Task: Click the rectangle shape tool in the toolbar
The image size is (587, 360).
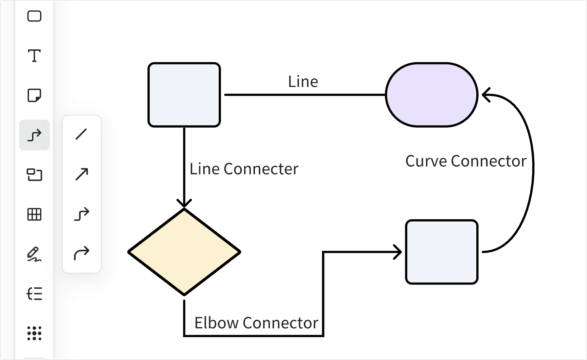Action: tap(34, 16)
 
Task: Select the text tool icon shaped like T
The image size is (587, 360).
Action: tap(34, 56)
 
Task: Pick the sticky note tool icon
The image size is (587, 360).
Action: tap(34, 95)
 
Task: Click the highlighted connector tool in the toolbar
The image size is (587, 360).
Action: tap(34, 135)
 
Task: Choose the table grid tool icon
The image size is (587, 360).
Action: tap(34, 214)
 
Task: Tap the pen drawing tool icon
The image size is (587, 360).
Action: tap(34, 254)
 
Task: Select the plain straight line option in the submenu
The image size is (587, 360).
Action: tap(81, 134)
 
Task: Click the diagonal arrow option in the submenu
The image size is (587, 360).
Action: tap(81, 174)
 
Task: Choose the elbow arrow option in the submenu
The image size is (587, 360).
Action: tap(81, 214)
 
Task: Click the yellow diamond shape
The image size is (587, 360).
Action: tap(184, 252)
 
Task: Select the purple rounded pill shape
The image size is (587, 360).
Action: tap(432, 95)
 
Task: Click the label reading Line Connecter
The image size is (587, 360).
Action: tap(244, 169)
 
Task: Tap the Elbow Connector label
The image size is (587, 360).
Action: tap(256, 323)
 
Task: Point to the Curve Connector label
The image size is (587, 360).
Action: tap(466, 161)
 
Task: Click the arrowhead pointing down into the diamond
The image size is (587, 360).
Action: tap(184, 203)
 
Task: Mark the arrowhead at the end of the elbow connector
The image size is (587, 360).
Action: tap(398, 252)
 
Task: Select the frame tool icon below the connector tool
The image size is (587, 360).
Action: tap(34, 175)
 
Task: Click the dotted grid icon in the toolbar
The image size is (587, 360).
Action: tap(34, 333)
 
